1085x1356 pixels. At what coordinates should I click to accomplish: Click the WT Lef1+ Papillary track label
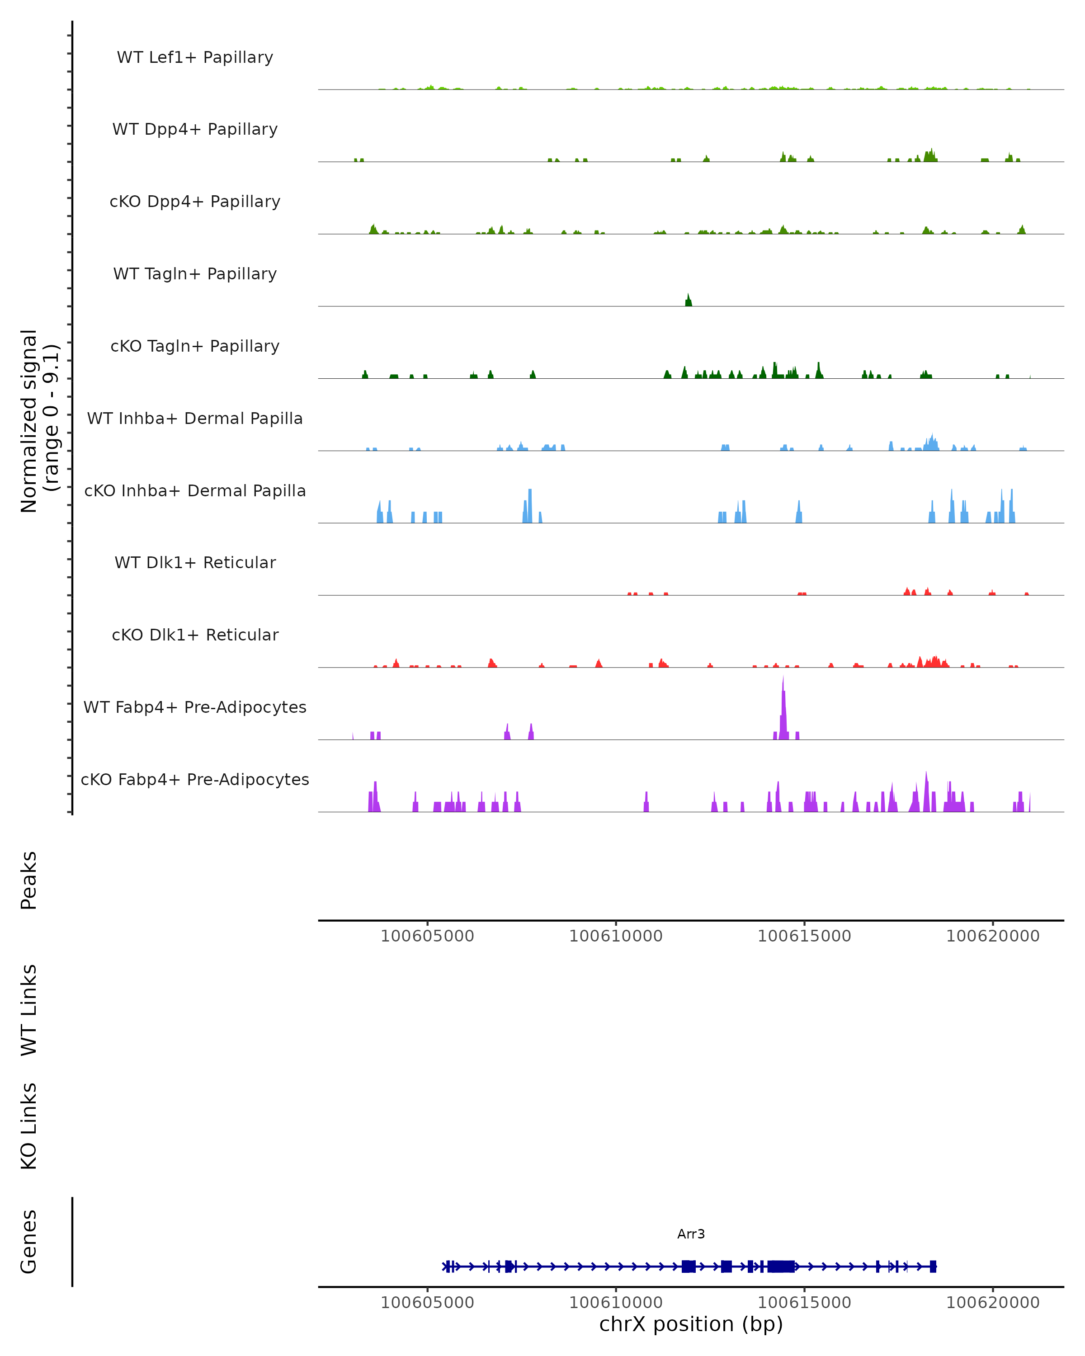click(x=195, y=58)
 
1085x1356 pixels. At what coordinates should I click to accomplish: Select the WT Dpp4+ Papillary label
click(x=195, y=130)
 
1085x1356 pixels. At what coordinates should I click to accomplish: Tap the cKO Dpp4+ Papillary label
click(x=195, y=202)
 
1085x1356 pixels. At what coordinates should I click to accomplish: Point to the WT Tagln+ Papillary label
click(x=195, y=274)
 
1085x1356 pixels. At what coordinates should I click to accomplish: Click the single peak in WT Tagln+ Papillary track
click(x=688, y=301)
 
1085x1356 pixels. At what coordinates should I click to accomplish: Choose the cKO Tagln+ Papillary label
click(x=195, y=347)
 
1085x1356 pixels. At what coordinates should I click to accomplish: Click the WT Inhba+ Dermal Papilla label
click(x=195, y=419)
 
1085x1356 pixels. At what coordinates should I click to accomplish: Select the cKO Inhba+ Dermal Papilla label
click(x=195, y=491)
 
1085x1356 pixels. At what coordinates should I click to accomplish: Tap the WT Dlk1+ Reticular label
click(x=195, y=563)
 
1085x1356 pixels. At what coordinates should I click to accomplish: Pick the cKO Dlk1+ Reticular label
click(x=195, y=635)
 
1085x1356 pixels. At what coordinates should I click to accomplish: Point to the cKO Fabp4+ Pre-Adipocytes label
click(x=195, y=780)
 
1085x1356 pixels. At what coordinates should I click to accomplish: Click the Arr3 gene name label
click(x=691, y=1234)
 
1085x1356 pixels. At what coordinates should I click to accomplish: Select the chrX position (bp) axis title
click(x=691, y=1324)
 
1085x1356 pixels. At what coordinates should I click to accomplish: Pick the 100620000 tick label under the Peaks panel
click(x=992, y=936)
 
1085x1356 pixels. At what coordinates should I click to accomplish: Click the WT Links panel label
click(x=29, y=1009)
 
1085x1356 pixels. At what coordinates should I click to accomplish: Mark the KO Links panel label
click(x=29, y=1126)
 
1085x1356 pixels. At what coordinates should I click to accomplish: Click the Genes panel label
click(x=29, y=1242)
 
